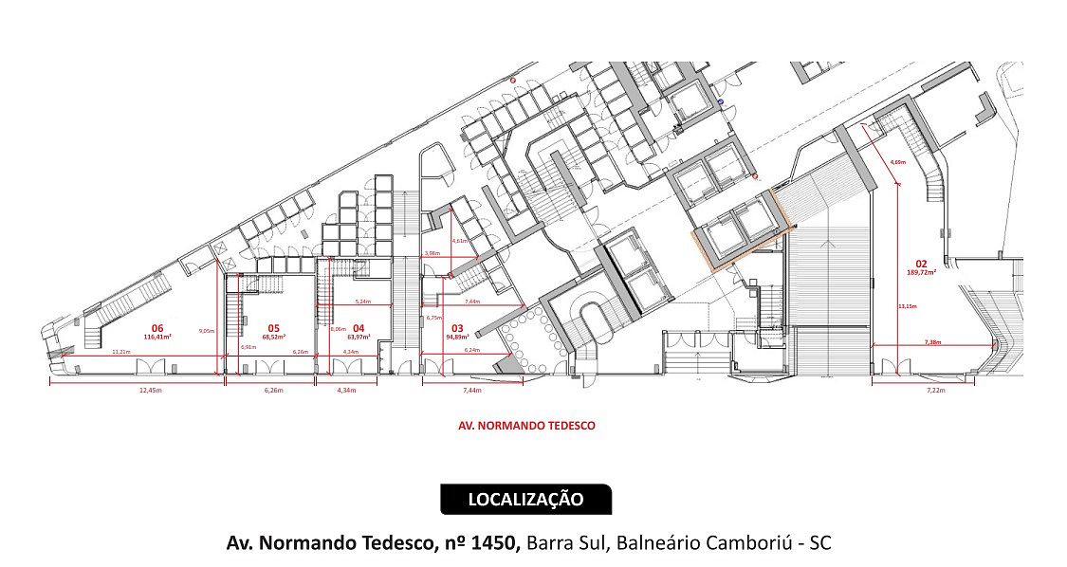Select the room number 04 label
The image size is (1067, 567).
tap(359, 328)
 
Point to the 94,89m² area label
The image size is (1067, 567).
tap(457, 336)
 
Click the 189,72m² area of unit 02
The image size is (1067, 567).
tap(921, 272)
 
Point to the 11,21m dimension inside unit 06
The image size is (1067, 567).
tap(120, 352)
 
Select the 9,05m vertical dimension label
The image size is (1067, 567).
tap(206, 331)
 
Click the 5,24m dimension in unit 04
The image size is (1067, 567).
tap(362, 302)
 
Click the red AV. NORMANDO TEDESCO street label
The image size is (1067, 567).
tap(526, 426)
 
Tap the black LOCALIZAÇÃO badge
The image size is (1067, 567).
tap(526, 499)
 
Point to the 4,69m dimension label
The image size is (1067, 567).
tap(897, 162)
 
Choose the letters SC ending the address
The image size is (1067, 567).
tap(820, 543)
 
